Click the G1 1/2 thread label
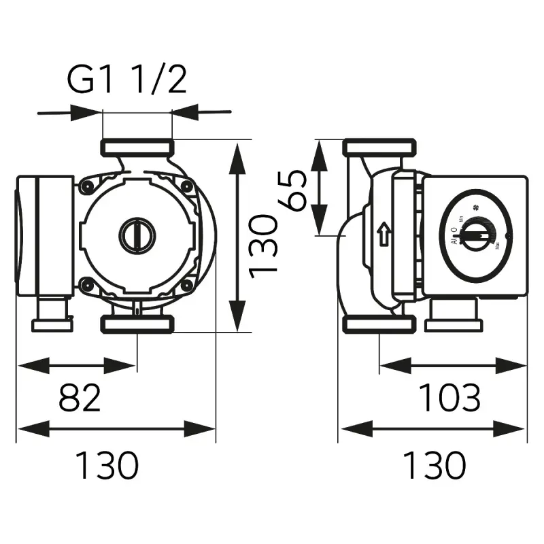(126, 80)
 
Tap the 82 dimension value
(80, 398)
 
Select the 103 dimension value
(449, 398)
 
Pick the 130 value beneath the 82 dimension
(106, 466)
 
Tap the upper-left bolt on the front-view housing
(86, 186)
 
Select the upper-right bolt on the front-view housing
(186, 186)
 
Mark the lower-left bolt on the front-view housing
(86, 284)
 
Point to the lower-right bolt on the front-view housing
(186, 284)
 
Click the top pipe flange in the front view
(137, 147)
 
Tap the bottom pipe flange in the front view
(137, 324)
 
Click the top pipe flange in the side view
(379, 147)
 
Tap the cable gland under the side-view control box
(453, 316)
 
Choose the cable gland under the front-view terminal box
(52, 316)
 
